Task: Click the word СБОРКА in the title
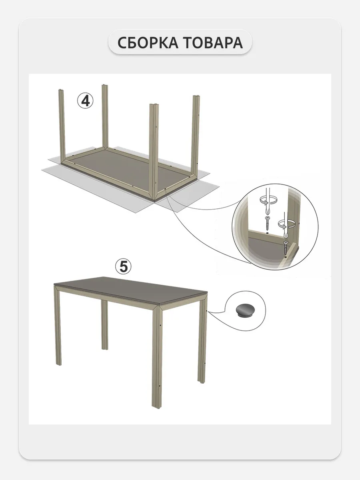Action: [x=148, y=43]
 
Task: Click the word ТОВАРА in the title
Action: [x=213, y=43]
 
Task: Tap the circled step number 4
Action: [x=85, y=101]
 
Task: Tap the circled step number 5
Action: [x=123, y=266]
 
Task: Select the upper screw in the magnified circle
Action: [x=267, y=224]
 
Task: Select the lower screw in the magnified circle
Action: [x=285, y=248]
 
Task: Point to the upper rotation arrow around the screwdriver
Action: [x=268, y=200]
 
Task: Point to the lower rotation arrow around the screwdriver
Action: [x=286, y=224]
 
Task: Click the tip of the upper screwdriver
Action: [x=267, y=215]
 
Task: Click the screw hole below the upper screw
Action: [x=268, y=233]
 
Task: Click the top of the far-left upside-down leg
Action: [x=60, y=90]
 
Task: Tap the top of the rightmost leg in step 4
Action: [x=196, y=96]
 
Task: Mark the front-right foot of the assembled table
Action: [x=156, y=407]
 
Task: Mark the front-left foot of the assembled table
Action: [x=58, y=364]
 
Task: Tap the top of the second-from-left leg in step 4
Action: [x=105, y=85]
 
